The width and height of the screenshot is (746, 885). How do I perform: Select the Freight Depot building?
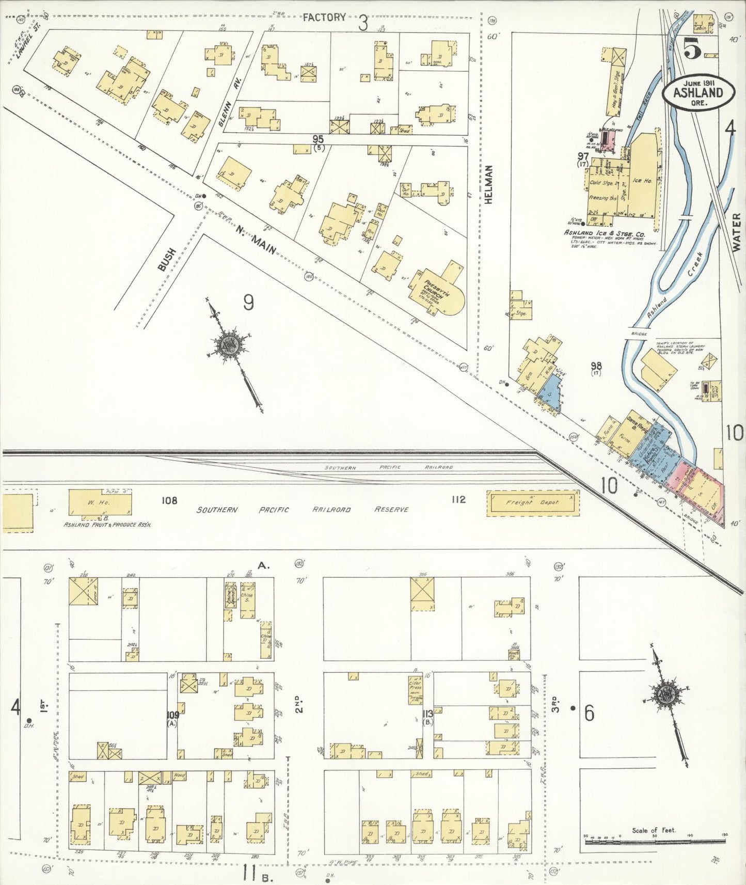533,502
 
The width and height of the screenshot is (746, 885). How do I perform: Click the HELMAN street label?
488,184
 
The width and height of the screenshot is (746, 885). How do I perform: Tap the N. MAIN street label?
256,241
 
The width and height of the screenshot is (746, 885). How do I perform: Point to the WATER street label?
736,233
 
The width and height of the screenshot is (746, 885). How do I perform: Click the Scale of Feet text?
654,831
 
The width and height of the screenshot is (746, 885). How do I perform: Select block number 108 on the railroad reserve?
169,500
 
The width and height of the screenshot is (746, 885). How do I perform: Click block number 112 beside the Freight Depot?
458,499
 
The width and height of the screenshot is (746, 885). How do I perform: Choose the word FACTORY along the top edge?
324,18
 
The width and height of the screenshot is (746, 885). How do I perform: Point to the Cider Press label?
416,687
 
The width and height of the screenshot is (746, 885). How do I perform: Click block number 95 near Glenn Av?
318,139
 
